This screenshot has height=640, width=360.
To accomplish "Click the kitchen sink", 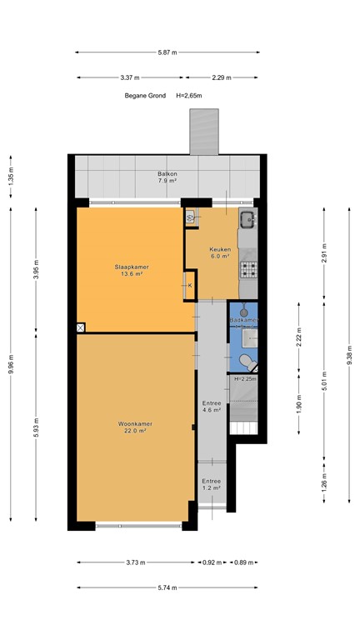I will tap(247, 221).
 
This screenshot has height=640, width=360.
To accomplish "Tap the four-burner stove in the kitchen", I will tap(247, 268).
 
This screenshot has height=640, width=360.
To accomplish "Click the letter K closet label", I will tap(190, 286).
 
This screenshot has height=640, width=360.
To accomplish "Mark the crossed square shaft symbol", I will tap(80, 327).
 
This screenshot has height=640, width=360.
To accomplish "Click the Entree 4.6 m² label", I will tap(212, 406).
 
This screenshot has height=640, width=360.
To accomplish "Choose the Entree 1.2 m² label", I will tap(212, 484).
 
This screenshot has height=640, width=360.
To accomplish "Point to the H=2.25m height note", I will tap(245, 379).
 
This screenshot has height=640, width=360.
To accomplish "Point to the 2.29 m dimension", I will tap(222, 77).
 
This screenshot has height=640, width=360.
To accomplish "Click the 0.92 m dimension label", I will tap(212, 562).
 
